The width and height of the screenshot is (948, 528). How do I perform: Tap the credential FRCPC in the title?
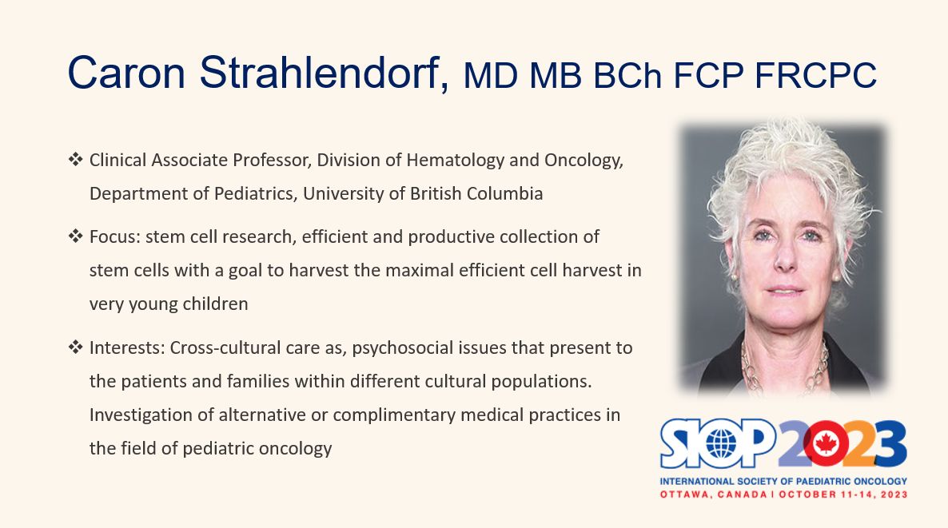tap(815, 76)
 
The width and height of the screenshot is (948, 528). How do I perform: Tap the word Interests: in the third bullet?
tap(127, 348)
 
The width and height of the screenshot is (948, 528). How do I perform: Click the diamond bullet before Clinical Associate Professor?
tap(76, 160)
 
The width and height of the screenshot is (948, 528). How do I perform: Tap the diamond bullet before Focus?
tap(76, 236)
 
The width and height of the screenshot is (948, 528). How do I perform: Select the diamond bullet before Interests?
tap(76, 347)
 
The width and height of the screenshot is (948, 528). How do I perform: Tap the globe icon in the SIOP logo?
tap(721, 445)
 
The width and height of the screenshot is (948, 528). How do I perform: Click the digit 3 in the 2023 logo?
tap(889, 444)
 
